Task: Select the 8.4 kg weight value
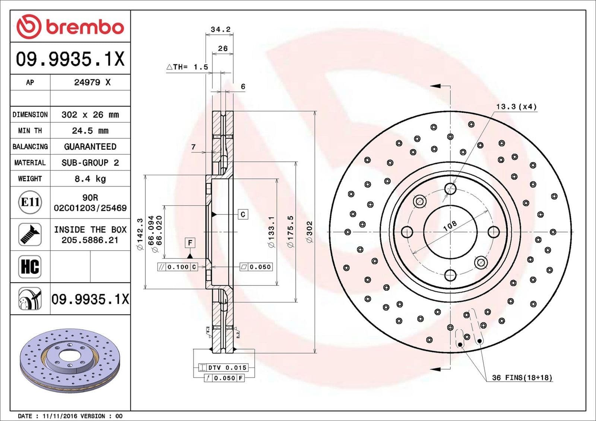(90, 179)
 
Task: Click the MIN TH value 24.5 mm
(90, 131)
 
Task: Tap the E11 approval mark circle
(30, 202)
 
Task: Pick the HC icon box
(30, 266)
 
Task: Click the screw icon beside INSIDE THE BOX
(30, 234)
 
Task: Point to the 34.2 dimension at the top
(221, 29)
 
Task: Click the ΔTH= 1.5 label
(187, 67)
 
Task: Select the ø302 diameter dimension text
(310, 232)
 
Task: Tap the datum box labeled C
(243, 214)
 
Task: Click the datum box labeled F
(190, 243)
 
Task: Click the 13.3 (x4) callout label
(516, 107)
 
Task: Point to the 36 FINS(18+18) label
(522, 377)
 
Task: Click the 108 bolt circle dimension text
(450, 225)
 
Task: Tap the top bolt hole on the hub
(450, 189)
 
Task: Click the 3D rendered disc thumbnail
(70, 360)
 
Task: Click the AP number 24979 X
(92, 82)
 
